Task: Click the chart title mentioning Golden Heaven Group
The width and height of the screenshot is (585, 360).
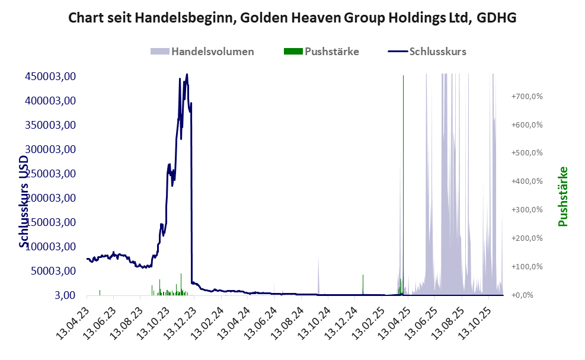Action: (x=292, y=18)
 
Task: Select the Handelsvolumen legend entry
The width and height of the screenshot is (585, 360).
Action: (x=212, y=52)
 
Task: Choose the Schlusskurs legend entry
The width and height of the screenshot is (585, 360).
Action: (x=437, y=52)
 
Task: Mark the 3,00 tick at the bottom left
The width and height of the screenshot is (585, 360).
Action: (x=65, y=295)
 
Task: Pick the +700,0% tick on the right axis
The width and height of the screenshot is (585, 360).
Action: (x=527, y=96)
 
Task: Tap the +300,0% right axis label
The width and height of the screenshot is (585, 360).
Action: (x=527, y=210)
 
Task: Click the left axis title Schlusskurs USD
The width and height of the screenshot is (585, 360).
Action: (x=24, y=202)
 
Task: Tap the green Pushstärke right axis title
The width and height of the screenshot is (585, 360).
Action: (x=562, y=196)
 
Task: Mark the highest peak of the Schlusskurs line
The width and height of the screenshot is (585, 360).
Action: (x=187, y=75)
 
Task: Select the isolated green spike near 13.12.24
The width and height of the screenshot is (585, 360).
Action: (x=363, y=283)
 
